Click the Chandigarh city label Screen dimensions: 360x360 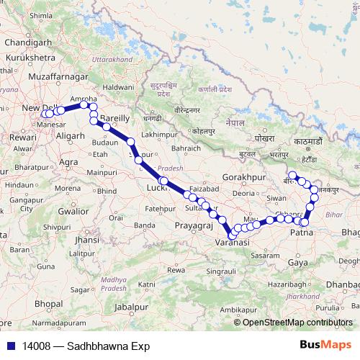(x=28, y=42)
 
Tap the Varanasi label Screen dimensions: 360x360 (x=232, y=243)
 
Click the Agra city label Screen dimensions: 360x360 (x=69, y=162)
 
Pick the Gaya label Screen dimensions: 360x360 (x=297, y=263)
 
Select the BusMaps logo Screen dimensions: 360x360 (x=326, y=346)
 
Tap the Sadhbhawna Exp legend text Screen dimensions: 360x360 (x=108, y=346)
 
